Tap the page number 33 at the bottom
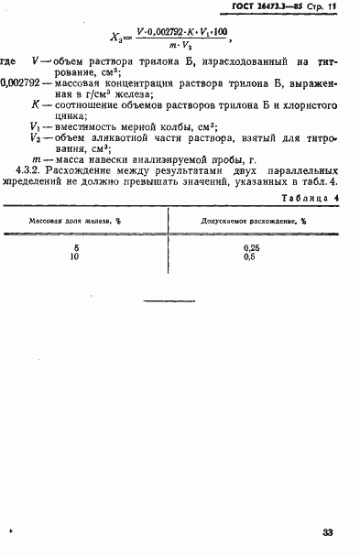point(328,532)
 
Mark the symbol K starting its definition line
point(35,104)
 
